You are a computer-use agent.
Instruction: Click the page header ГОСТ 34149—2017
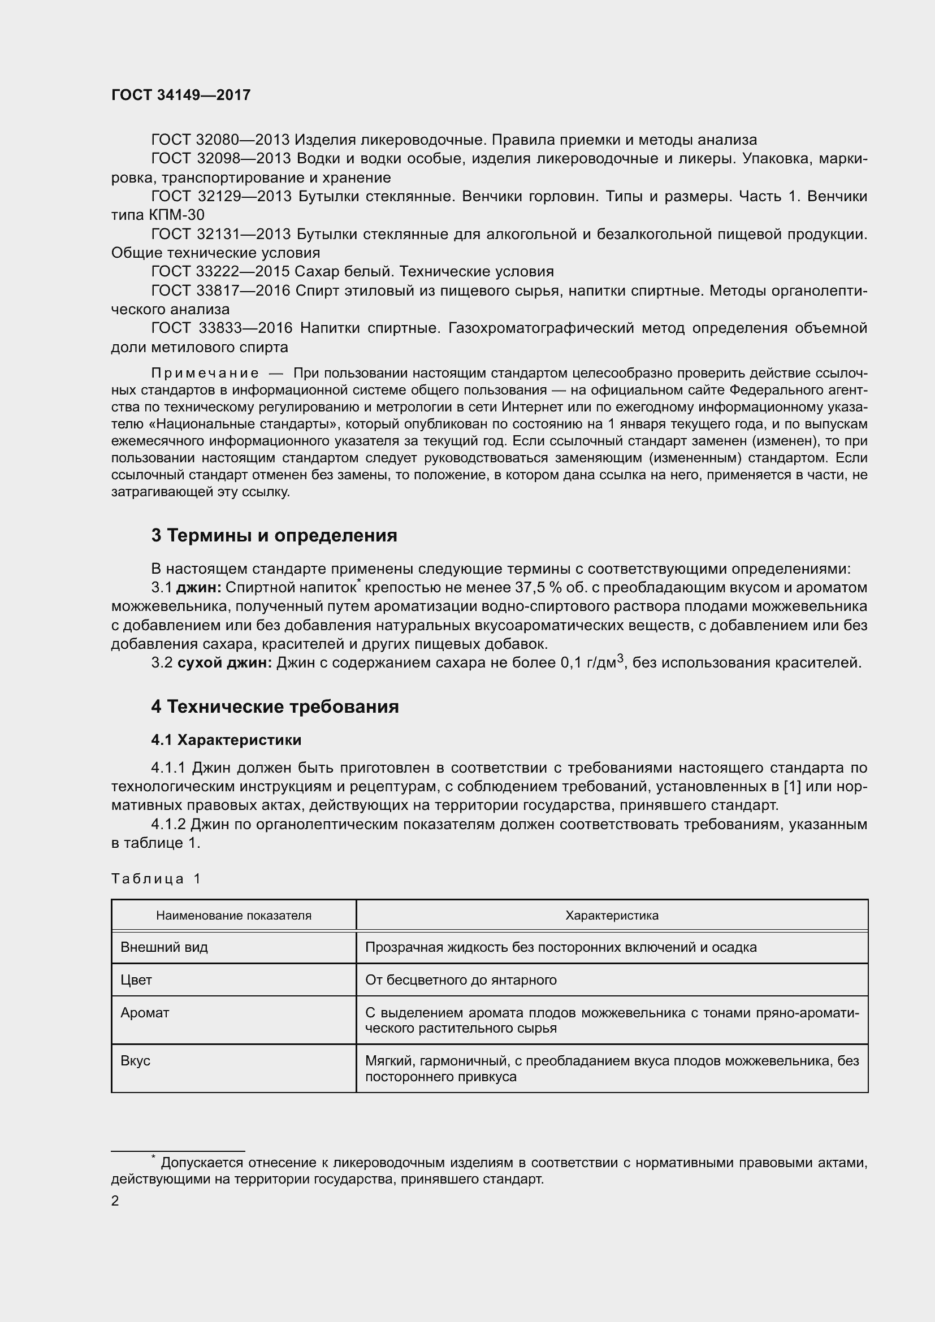(181, 95)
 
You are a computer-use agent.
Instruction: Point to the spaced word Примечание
(205, 373)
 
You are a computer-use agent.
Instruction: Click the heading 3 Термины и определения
(274, 535)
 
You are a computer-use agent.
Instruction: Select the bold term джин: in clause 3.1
(198, 588)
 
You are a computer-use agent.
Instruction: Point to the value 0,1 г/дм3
(592, 663)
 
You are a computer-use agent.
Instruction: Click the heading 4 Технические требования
(275, 706)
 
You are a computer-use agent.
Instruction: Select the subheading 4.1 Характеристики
(226, 740)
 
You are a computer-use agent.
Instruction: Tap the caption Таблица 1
(156, 879)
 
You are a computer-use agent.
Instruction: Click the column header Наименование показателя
(234, 916)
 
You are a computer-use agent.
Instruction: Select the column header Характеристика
(612, 916)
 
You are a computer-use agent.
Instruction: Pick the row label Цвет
(136, 980)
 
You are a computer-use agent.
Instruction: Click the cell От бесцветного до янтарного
(461, 980)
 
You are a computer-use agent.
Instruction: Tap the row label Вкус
(135, 1060)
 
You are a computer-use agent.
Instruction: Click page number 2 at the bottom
(115, 1201)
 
